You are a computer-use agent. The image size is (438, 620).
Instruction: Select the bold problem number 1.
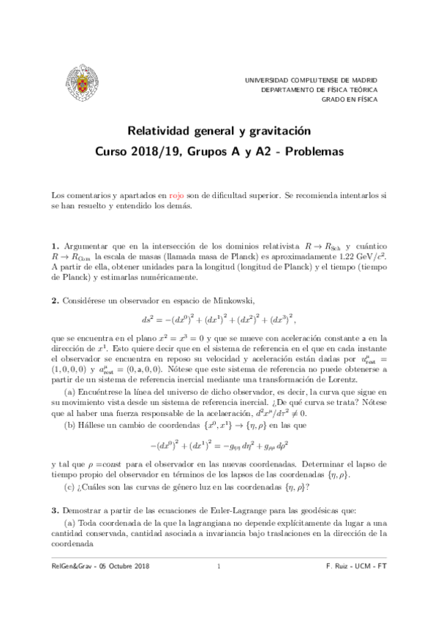[55, 247]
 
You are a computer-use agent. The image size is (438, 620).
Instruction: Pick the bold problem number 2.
[55, 300]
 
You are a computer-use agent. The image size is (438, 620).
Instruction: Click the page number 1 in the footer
[219, 586]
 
